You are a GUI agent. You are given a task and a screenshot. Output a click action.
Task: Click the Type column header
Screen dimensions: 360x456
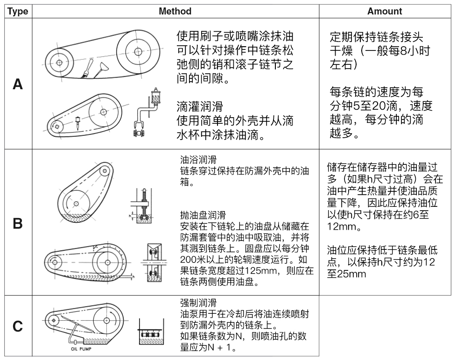pyautogui.click(x=18, y=11)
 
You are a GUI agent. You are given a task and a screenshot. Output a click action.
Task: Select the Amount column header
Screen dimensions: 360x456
pyautogui.click(x=384, y=11)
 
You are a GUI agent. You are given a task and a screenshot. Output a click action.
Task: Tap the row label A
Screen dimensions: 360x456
pyautogui.click(x=18, y=84)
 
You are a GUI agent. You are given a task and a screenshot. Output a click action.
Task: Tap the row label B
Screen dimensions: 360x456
pyautogui.click(x=18, y=224)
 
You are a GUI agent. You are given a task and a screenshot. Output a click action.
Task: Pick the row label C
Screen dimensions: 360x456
pyautogui.click(x=18, y=326)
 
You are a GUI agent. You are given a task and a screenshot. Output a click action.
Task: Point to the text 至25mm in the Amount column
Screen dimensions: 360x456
pyautogui.click(x=346, y=274)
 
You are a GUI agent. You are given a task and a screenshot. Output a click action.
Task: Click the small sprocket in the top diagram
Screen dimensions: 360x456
pyautogui.click(x=59, y=61)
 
